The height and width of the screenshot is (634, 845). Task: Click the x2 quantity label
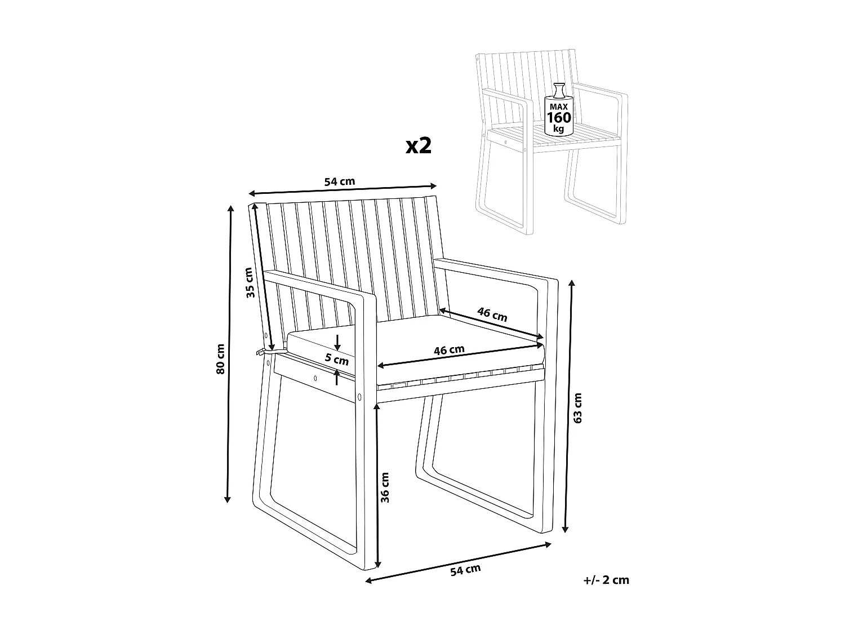[419, 146]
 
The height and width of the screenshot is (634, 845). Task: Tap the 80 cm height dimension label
[221, 358]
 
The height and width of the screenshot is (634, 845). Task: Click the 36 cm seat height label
[385, 487]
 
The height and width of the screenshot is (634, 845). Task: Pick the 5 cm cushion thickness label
[337, 358]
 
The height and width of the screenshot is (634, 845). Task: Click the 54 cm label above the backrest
[339, 181]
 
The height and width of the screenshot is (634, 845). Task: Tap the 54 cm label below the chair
[465, 570]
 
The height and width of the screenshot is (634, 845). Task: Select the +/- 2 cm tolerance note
[606, 580]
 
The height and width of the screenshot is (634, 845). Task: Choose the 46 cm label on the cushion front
[449, 350]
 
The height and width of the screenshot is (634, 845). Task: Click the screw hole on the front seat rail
[315, 378]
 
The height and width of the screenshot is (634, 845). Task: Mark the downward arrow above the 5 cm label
[337, 343]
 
